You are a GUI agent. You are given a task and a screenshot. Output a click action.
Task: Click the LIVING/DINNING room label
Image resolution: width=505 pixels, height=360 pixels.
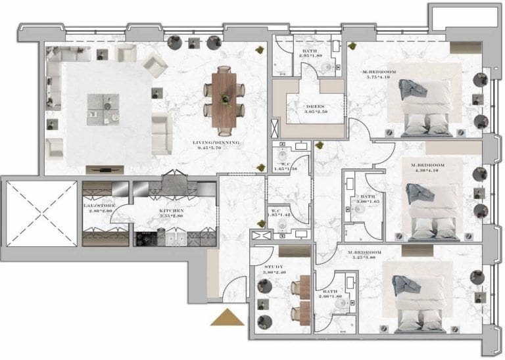tap(215, 143)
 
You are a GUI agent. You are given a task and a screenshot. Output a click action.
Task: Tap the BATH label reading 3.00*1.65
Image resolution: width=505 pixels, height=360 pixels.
tap(368, 199)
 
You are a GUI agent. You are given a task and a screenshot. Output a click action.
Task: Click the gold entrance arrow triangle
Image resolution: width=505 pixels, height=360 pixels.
tap(227, 318)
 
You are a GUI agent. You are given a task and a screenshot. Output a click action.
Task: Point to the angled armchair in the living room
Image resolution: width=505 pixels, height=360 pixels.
tap(155, 64)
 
